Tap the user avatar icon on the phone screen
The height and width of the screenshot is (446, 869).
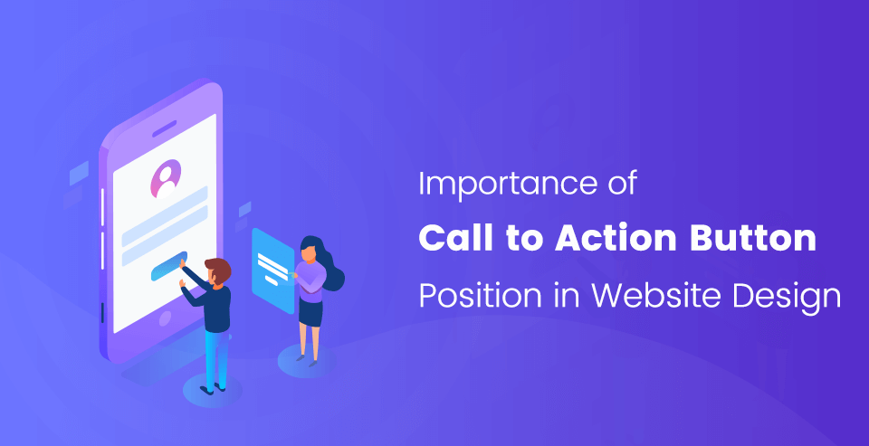point(165,178)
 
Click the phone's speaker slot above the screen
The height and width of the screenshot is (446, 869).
point(164,128)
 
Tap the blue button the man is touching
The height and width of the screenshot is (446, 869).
point(169,266)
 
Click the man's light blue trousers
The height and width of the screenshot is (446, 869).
point(215,357)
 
